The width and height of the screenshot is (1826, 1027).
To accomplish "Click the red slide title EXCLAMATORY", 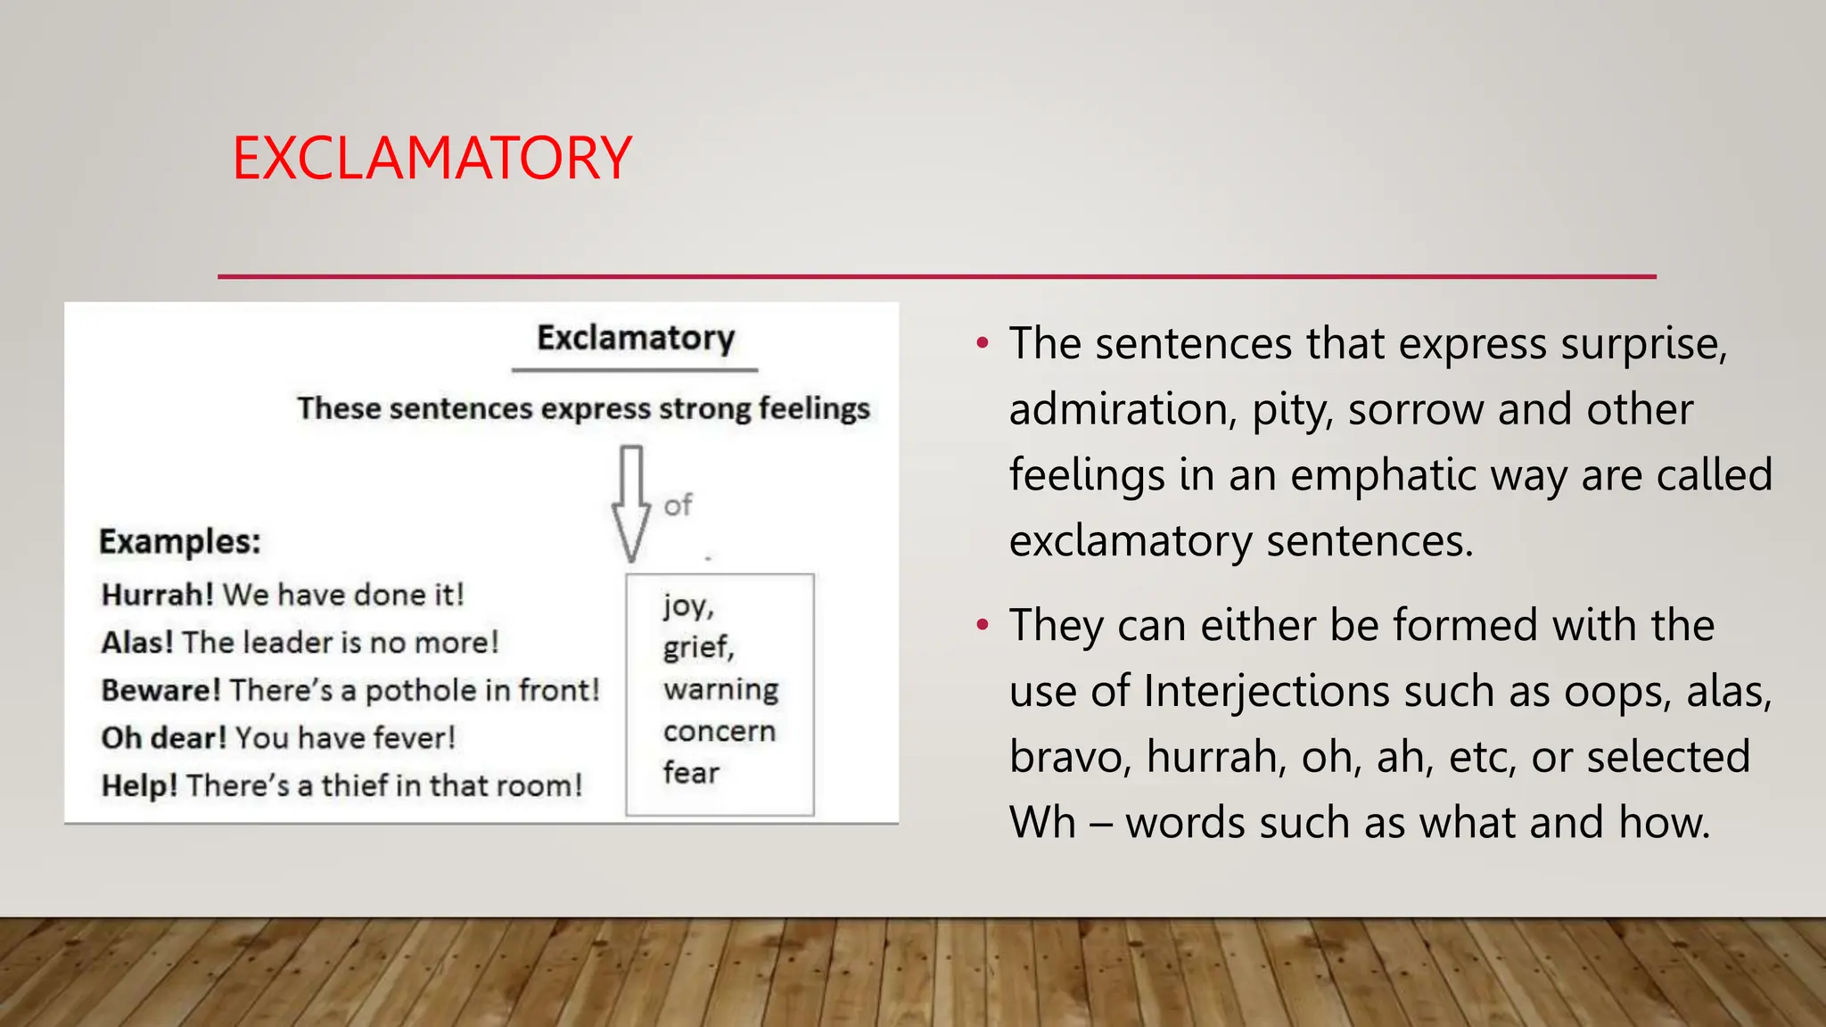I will [432, 159].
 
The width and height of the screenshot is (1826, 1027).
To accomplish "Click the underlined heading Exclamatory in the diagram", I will [636, 339].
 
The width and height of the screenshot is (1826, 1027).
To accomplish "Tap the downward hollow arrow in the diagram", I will [631, 504].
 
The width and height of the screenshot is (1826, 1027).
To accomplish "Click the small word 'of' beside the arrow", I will [678, 505].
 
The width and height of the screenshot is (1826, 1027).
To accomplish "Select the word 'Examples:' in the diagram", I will [179, 542].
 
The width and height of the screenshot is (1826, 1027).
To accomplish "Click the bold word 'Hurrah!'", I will [157, 595].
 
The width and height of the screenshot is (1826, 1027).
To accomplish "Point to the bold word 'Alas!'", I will [137, 642].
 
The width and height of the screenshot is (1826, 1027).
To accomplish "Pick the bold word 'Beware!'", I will [160, 690].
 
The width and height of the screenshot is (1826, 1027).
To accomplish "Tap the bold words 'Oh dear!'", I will [164, 738].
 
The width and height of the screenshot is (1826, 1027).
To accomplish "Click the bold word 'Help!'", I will [139, 785].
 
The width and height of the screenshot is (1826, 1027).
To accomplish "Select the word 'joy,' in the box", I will [688, 606].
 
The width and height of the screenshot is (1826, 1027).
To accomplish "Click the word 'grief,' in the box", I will [698, 647].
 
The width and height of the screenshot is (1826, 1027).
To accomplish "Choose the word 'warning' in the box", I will [720, 689].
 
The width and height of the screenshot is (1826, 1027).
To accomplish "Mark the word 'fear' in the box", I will [691, 772].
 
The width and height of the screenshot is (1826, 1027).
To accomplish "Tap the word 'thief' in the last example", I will [354, 785].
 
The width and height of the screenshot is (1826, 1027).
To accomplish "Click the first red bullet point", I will [982, 343].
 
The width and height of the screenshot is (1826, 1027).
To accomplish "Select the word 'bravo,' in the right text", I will [1070, 757].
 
